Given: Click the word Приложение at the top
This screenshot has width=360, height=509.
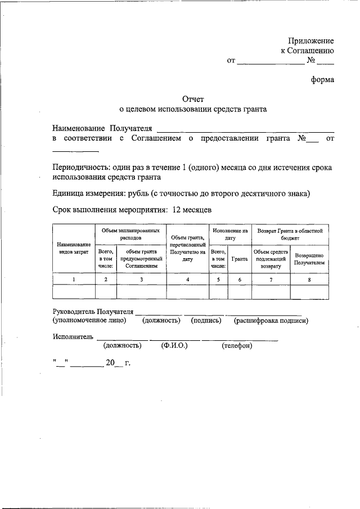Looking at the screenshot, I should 311,41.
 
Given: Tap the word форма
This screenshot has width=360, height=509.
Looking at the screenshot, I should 323,79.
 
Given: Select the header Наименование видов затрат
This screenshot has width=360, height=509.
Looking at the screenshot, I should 73,249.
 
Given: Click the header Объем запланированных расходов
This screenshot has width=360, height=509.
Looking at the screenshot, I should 130,234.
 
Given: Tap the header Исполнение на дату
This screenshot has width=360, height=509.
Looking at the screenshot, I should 230,234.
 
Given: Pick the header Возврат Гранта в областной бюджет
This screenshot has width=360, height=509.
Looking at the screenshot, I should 290,234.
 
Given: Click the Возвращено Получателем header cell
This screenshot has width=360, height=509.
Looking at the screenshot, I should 310,259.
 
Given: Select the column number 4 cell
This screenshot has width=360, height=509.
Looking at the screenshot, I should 187,279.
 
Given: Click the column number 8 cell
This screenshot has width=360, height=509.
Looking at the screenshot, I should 310,279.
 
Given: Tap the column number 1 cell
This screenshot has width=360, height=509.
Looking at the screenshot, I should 73,279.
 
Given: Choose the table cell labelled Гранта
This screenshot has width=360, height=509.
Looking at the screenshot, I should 240,259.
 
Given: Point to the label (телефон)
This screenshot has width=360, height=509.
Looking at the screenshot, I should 237,346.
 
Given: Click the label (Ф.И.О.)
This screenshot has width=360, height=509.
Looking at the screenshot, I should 174,346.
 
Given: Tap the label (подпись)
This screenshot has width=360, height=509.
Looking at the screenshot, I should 206,321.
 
